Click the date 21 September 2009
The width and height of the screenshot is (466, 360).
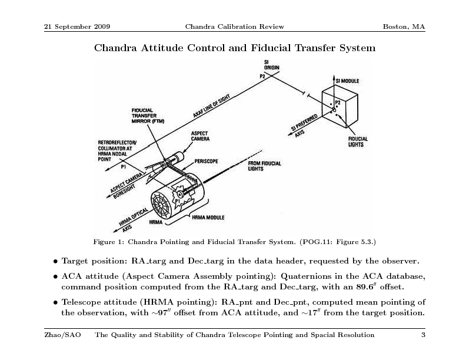click(77, 26)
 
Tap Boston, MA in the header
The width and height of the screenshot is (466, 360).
click(404, 26)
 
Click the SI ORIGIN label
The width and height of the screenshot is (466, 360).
click(272, 65)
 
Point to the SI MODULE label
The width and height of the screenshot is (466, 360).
click(347, 81)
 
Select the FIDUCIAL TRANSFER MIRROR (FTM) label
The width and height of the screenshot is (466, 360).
click(148, 115)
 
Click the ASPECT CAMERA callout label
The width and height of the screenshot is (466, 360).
click(200, 136)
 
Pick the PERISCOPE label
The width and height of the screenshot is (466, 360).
click(206, 161)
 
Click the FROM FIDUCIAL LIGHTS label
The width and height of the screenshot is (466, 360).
click(264, 166)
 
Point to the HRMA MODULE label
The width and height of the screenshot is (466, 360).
click(208, 218)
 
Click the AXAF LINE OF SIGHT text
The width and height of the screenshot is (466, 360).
click(211, 106)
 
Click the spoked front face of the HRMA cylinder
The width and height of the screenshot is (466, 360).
click(161, 205)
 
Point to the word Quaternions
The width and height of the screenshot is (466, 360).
click(305, 276)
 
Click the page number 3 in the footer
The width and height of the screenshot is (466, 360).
click(423, 335)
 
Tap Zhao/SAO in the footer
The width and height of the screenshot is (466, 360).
click(62, 335)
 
